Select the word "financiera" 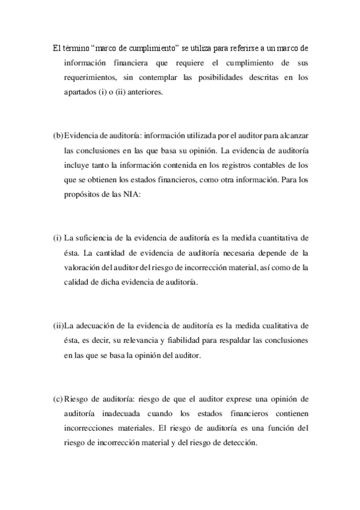pos(128,63)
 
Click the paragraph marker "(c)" pos(58,399)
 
